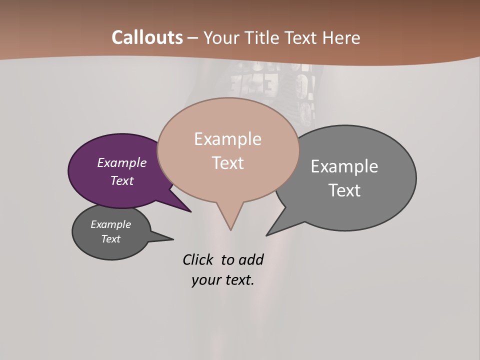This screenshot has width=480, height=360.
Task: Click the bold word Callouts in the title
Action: (x=147, y=37)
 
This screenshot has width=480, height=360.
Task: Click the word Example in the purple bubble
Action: (x=122, y=162)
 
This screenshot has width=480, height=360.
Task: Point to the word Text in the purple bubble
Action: (x=122, y=180)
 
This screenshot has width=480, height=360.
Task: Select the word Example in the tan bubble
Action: (x=227, y=139)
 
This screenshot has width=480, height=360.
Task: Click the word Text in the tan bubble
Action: (x=228, y=163)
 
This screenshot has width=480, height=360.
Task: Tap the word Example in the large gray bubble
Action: (x=344, y=166)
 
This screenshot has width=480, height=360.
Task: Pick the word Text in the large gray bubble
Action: (x=344, y=190)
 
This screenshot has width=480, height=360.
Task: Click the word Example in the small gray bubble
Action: (x=111, y=224)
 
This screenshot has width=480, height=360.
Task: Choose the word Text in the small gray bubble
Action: (x=111, y=239)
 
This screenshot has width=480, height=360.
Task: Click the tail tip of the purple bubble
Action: (x=190, y=211)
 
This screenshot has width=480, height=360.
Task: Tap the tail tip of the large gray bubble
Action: (x=267, y=235)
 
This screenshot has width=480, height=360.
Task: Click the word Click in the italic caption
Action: (x=198, y=259)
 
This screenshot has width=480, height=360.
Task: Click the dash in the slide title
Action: (x=193, y=38)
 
